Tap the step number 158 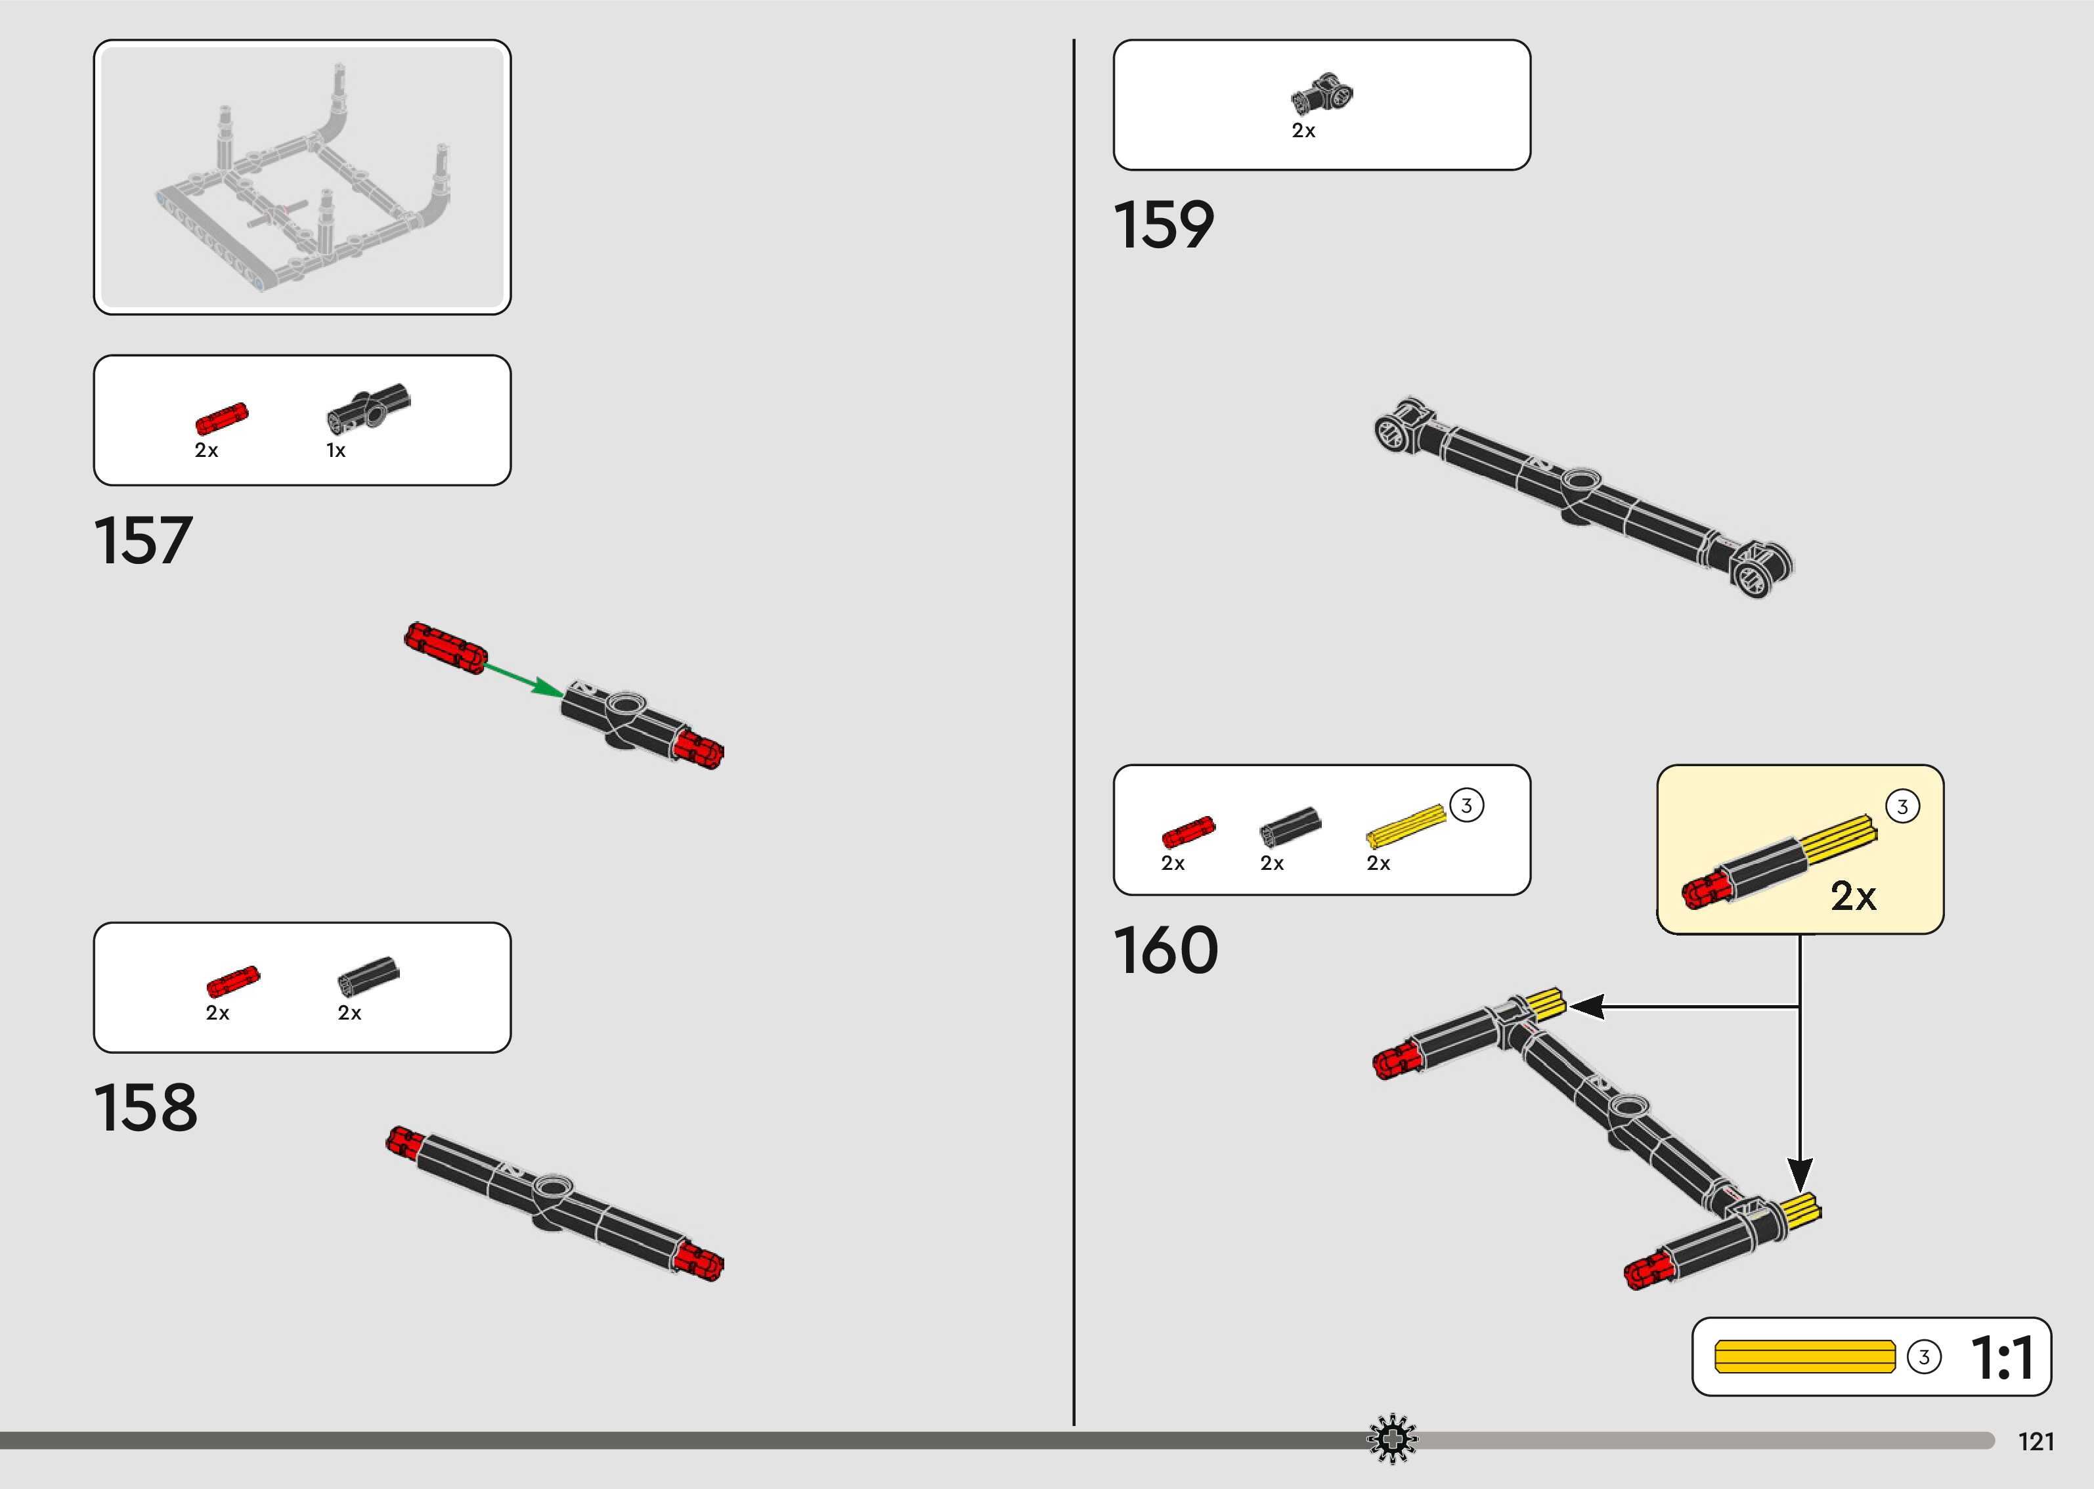(x=145, y=1108)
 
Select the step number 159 (x=1164, y=226)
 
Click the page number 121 (x=2036, y=1442)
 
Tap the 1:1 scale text (x=2002, y=1358)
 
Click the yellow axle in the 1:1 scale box (x=1804, y=1357)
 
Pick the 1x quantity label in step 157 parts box (x=336, y=451)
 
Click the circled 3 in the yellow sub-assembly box (x=1902, y=807)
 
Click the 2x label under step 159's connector (x=1303, y=131)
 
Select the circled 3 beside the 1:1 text (x=1923, y=1358)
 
